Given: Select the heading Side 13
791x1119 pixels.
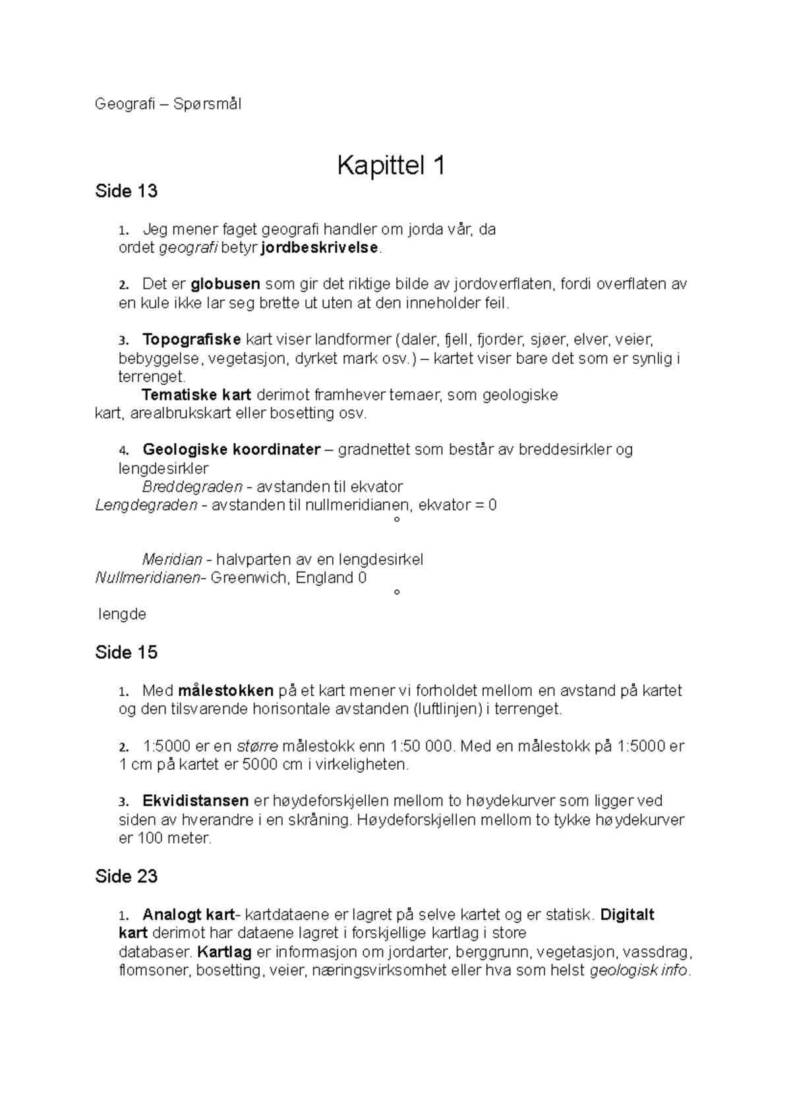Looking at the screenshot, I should coord(126,191).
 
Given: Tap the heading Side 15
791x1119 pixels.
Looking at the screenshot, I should coord(126,652).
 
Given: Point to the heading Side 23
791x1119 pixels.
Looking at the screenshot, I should coord(126,876).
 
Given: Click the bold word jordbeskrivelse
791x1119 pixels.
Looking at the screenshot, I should coord(320,248).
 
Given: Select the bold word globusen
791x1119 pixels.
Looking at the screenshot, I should coord(225,285).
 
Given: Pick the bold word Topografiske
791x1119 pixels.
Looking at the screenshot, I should coord(191,340).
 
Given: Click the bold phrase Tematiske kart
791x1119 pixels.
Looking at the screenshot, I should coord(196,395).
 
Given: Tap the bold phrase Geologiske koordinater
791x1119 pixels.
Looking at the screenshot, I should coord(231,450).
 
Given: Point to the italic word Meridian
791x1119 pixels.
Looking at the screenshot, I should coord(172,560).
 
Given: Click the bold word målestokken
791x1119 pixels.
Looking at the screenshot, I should coord(225,691).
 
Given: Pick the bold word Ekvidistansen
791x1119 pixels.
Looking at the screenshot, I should coord(195,801).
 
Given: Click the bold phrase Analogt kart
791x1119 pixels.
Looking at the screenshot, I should coord(189,915).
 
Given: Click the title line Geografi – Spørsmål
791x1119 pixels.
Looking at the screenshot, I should coord(168,104).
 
